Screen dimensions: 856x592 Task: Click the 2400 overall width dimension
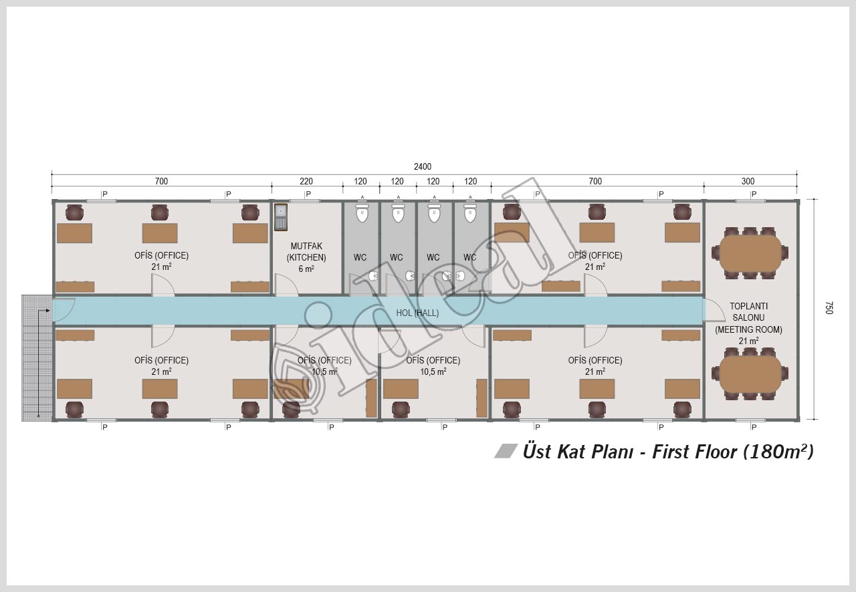422,166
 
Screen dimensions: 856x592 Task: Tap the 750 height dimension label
829,308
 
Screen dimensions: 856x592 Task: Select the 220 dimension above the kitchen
306,181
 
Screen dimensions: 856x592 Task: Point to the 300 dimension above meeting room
748,181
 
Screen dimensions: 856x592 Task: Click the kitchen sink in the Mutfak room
281,217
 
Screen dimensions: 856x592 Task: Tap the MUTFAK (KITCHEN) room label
306,252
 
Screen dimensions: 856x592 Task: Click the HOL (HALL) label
417,313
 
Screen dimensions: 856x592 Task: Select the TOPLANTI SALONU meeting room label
748,318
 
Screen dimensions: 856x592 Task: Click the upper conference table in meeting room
750,253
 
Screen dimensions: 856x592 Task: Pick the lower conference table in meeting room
750,374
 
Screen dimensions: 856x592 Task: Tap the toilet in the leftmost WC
362,212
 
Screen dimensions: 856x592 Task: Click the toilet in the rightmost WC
470,212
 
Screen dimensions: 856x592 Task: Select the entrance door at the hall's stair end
64,310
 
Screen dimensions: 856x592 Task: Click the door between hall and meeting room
714,309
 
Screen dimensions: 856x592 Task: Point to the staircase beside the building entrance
37,358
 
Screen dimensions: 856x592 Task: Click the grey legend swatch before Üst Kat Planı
506,451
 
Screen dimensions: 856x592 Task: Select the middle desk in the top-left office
160,233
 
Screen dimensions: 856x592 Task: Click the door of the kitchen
286,285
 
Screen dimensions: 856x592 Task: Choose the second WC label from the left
397,257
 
